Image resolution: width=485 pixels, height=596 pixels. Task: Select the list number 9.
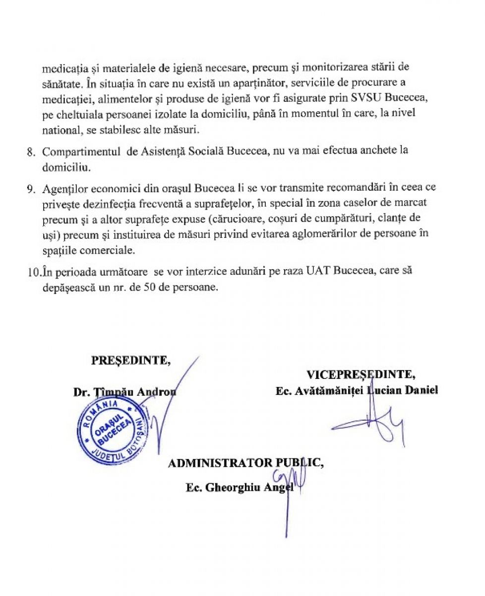[x=30, y=190]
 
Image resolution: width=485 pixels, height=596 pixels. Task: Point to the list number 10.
[x=32, y=271]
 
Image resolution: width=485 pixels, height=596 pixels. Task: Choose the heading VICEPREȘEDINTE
[x=361, y=374]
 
